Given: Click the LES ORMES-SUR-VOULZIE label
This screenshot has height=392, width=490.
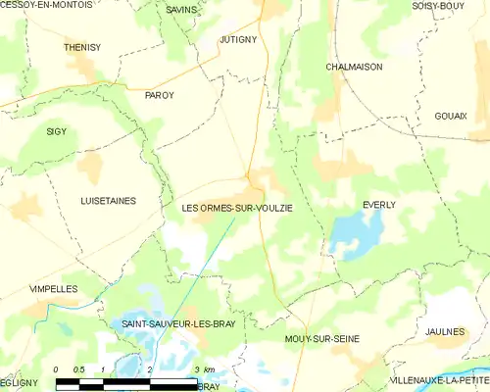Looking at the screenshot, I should click(x=237, y=208).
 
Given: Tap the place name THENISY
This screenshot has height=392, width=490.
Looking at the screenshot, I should click(x=81, y=46).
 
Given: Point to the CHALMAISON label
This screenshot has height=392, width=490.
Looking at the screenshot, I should click(x=354, y=67).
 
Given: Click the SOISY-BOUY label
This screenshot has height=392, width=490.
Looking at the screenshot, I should click(x=438, y=6).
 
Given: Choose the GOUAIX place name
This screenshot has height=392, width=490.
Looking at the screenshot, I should click(x=450, y=115).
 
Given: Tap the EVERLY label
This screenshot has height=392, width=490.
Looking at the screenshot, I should click(x=378, y=204).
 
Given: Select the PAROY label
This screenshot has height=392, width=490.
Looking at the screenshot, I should click(x=159, y=95).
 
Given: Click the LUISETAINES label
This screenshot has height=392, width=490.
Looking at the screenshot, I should click(x=108, y=200).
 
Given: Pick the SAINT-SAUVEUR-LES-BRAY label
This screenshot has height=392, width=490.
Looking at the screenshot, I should click(x=178, y=322).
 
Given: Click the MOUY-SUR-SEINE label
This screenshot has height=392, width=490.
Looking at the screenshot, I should click(x=322, y=338).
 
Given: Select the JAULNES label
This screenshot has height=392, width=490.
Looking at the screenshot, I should click(x=445, y=331).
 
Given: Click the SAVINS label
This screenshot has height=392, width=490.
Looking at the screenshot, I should click(x=182, y=9).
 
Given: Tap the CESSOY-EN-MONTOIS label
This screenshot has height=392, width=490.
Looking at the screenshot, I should click(x=47, y=5).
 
